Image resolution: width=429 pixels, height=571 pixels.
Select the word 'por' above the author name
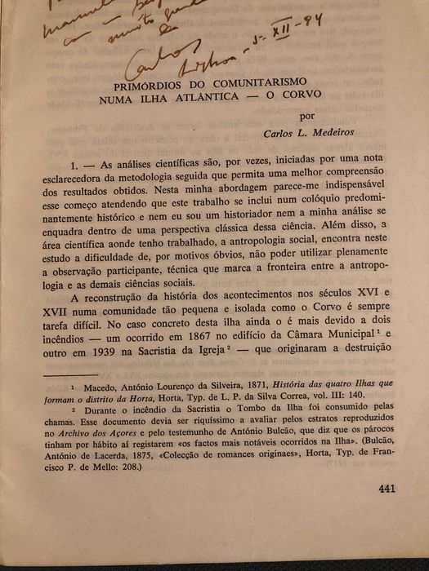(x=307, y=117)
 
